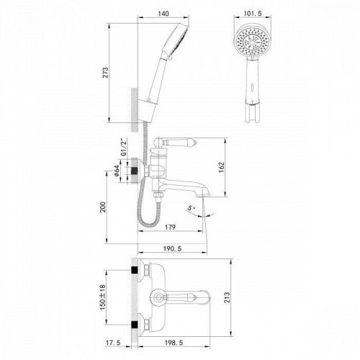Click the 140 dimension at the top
[164, 13]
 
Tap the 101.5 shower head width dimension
[250, 13]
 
